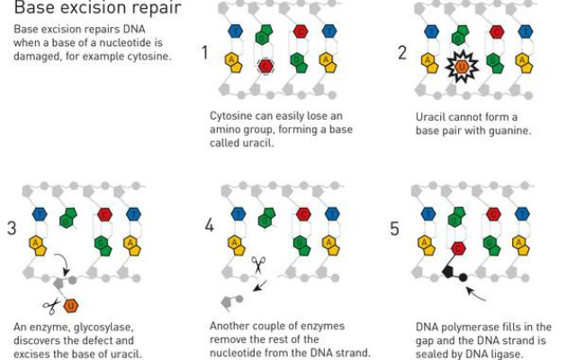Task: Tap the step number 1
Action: click(205, 53)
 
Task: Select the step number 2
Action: click(402, 53)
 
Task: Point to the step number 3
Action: click(12, 228)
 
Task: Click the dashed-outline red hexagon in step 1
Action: click(265, 65)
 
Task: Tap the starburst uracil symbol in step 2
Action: click(462, 66)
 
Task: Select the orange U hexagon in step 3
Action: click(71, 306)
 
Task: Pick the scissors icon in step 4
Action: click(258, 265)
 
